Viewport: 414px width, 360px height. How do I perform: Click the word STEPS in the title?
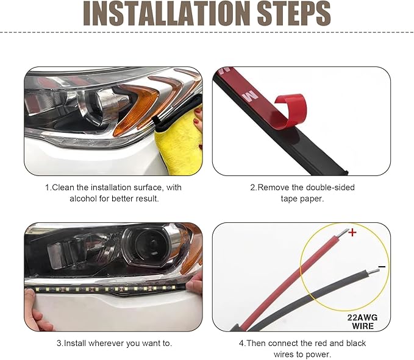[x=294, y=13]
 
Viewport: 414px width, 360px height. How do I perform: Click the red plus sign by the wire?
[x=352, y=232]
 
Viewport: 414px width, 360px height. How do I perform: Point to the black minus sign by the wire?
[x=382, y=267]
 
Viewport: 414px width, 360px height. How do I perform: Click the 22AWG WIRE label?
[x=363, y=322]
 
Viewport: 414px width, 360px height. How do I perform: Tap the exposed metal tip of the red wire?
[x=344, y=232]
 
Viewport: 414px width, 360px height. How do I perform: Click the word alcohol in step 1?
[x=83, y=199]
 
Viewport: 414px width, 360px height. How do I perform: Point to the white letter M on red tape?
[x=251, y=95]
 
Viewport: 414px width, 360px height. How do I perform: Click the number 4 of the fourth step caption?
[x=241, y=343]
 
